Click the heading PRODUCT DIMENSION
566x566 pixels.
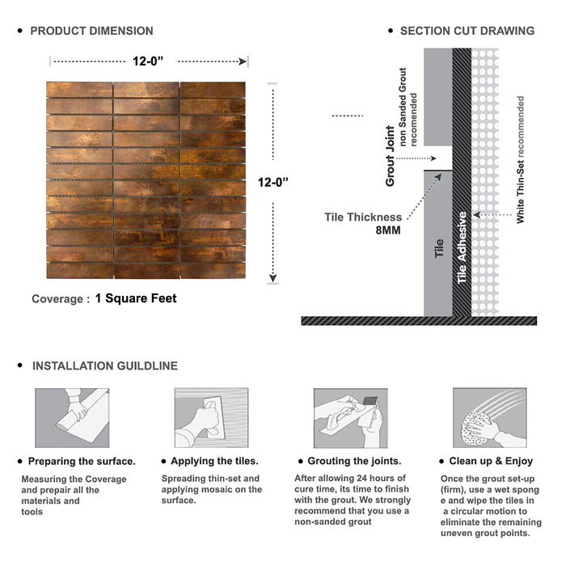click(x=91, y=31)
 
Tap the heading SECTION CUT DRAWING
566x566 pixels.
click(x=467, y=31)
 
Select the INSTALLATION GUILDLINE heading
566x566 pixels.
click(x=105, y=366)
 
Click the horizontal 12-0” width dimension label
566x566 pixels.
click(x=148, y=61)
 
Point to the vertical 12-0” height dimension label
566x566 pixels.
click(x=273, y=182)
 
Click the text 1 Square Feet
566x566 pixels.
click(x=136, y=298)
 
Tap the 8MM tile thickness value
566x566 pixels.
click(x=388, y=230)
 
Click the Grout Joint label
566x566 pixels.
click(x=391, y=156)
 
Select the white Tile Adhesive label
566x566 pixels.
click(x=462, y=247)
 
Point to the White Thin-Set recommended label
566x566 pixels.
click(x=520, y=159)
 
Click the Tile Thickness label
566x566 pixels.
click(x=363, y=217)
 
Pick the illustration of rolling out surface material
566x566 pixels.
click(x=72, y=418)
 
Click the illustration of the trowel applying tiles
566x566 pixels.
click(x=212, y=418)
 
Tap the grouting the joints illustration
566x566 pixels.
click(x=350, y=418)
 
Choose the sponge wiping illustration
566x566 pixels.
click(x=490, y=418)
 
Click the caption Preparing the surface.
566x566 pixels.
click(x=82, y=462)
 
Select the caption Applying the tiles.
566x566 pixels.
click(x=214, y=461)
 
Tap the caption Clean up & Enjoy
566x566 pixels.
click(x=491, y=461)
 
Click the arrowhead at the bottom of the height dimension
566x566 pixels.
click(x=273, y=278)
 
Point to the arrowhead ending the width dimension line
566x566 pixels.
click(x=243, y=61)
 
